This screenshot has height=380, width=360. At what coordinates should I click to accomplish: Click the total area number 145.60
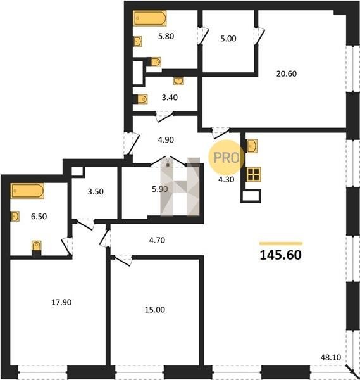[280, 255]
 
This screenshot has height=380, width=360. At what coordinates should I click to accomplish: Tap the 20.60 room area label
[287, 73]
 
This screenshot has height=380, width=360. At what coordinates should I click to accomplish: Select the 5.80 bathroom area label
[166, 36]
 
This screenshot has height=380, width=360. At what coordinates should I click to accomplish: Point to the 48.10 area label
[331, 357]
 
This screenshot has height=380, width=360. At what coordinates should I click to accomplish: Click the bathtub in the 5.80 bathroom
[150, 18]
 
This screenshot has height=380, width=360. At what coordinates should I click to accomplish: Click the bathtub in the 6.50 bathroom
[27, 191]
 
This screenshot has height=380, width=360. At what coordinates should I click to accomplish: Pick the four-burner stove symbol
[253, 175]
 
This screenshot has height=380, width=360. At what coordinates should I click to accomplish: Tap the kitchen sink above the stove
[252, 146]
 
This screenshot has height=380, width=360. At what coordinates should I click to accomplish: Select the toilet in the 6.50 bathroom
[37, 247]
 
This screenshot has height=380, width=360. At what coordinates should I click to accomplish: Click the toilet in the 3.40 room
[141, 99]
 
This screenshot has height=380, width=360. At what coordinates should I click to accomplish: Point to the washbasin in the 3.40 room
[178, 81]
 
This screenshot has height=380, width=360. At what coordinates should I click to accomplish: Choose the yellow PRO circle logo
[226, 158]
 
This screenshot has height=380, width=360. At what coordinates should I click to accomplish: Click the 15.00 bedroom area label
[155, 310]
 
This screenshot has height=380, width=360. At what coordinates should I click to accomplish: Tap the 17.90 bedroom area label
[61, 302]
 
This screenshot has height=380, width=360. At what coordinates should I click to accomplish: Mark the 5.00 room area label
[228, 39]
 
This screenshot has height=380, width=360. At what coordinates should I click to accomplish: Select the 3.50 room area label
[96, 192]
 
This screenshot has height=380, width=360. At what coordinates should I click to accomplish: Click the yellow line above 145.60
[281, 244]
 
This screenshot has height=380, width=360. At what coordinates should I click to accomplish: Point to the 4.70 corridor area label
[157, 240]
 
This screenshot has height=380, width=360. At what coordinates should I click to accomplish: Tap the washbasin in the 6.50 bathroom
[15, 216]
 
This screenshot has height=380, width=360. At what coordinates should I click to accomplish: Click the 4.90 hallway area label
[166, 140]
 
